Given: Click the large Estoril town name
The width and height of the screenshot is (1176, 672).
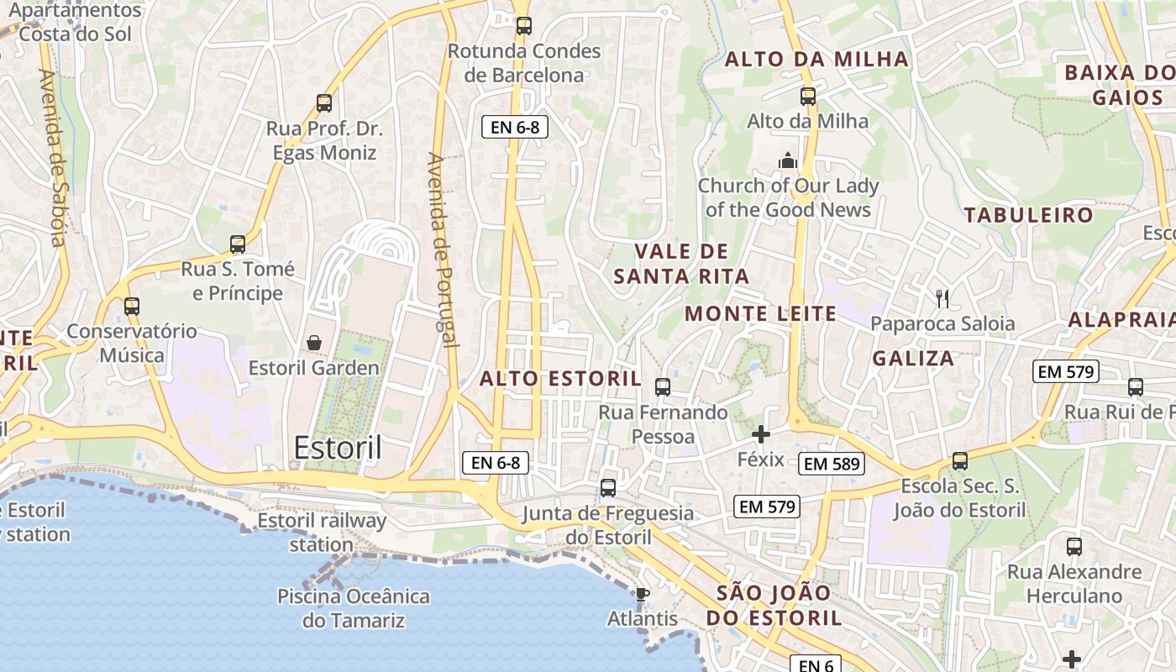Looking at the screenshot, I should (x=338, y=448).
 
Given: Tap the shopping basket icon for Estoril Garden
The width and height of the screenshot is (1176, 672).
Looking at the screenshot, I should (x=314, y=343).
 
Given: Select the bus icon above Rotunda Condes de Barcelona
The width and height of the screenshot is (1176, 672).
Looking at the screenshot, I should (x=524, y=26).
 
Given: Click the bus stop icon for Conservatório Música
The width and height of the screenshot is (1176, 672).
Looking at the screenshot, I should (x=132, y=307).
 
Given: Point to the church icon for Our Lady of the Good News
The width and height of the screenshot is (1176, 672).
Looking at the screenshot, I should (x=788, y=160).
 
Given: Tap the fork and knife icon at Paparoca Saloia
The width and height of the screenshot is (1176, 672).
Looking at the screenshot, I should (x=942, y=298).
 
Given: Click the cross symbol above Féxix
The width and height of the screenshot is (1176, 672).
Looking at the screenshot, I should (x=761, y=434).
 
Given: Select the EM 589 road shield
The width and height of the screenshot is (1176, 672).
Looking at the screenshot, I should (x=832, y=464).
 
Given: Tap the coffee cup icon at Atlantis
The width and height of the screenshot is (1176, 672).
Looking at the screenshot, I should (x=643, y=595).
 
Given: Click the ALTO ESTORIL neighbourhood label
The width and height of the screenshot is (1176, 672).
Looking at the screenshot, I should (x=560, y=378).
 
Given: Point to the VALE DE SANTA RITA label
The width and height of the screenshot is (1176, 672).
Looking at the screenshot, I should (x=681, y=264).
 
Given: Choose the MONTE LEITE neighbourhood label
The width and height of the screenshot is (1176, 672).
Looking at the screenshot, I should (x=761, y=314).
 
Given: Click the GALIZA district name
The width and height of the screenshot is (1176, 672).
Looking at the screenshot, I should (x=913, y=359).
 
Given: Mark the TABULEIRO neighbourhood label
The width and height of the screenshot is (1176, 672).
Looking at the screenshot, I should (x=1029, y=215).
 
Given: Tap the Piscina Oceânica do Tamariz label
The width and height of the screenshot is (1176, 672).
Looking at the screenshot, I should (x=354, y=609).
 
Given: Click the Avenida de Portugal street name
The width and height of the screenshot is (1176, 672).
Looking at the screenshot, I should (x=444, y=249).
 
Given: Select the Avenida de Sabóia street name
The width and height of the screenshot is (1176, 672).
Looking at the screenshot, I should (x=53, y=157).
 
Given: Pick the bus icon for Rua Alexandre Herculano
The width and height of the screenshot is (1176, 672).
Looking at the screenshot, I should (x=1074, y=547).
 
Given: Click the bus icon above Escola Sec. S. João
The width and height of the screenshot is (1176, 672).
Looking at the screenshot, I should (x=960, y=461).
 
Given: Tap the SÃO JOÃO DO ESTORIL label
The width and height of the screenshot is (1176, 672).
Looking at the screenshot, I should (x=773, y=606).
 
